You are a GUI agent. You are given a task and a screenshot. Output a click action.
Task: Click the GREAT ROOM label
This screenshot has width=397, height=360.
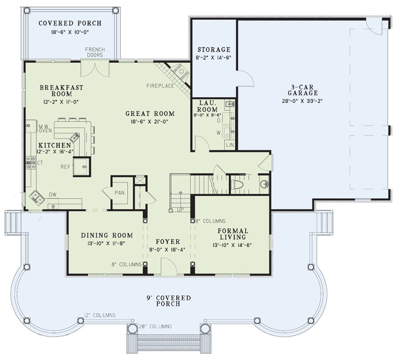tap(150, 114)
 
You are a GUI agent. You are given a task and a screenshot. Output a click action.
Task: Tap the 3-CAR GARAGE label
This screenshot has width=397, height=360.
tap(303, 90)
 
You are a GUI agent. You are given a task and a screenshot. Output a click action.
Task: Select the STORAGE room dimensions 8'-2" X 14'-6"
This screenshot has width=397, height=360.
tap(214, 58)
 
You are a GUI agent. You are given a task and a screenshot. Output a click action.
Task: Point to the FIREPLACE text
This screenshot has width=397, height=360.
tap(160, 86)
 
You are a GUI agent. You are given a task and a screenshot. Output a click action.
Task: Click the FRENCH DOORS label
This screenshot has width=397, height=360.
tap(95, 52)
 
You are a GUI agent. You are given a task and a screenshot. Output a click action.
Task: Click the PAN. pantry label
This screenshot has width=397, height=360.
tap(120, 193)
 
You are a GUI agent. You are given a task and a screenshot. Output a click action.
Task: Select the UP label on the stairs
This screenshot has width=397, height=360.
tap(180, 210)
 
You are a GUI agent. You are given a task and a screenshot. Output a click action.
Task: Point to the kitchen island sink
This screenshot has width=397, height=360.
tap(75, 137)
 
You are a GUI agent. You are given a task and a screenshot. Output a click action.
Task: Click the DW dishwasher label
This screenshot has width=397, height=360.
tap(53, 195)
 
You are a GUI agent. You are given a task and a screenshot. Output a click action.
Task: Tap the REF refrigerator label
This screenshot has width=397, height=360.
tap(66, 167)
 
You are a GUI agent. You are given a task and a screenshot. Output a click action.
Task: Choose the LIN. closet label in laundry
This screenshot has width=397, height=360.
tap(230, 145)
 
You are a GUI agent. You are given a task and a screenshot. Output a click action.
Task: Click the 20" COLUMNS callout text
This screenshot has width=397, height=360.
tap(155, 327)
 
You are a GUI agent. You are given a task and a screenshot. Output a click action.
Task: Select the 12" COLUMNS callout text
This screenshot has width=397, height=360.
tap(100, 315)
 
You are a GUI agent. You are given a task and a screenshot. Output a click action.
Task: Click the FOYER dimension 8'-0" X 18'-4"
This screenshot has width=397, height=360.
tap(167, 249)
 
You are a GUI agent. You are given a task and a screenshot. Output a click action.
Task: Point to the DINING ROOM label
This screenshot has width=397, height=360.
tap(107, 236)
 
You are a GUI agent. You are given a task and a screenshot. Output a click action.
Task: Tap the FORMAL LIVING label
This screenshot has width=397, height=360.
tap(233, 234)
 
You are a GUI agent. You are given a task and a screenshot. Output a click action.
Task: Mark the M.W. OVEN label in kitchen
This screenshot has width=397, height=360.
tap(45, 129)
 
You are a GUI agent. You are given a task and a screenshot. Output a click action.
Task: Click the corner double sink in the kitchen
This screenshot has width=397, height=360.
tap(37, 198)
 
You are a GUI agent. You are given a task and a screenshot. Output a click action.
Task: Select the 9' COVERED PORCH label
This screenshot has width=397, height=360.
tap(168, 301)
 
